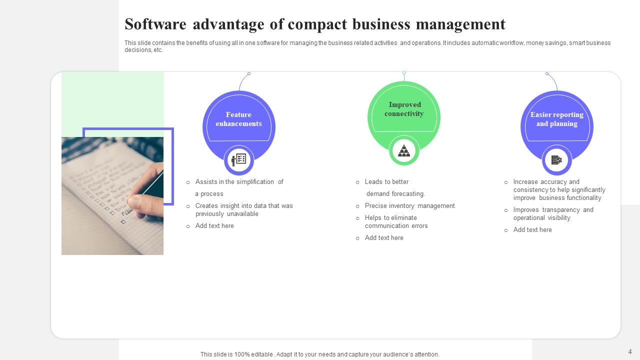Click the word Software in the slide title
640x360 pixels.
pyautogui.click(x=155, y=24)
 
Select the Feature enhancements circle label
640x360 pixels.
pyautogui.click(x=238, y=119)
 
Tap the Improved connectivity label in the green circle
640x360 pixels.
pyautogui.click(x=404, y=109)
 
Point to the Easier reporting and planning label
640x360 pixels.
pyautogui.click(x=556, y=119)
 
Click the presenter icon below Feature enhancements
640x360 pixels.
pyautogui.click(x=238, y=160)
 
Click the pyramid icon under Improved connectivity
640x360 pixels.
pyautogui.click(x=404, y=150)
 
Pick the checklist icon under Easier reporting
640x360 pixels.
pyautogui.click(x=556, y=160)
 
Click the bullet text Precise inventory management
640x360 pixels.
pyautogui.click(x=409, y=205)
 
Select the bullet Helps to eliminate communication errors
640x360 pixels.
pyautogui.click(x=396, y=221)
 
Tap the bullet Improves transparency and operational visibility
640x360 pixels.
pyautogui.click(x=553, y=213)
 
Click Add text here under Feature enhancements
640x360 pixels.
pyautogui.click(x=214, y=225)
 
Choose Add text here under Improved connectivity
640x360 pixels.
pyautogui.click(x=384, y=237)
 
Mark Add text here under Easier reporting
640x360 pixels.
pyautogui.click(x=532, y=229)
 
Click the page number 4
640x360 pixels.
pyautogui.click(x=630, y=351)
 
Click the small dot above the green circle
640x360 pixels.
pyautogui.click(x=404, y=72)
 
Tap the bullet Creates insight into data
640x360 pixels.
pyautogui.click(x=244, y=209)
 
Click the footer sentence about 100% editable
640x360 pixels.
pyautogui.click(x=319, y=354)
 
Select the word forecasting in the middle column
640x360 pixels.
pyautogui.click(x=408, y=193)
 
